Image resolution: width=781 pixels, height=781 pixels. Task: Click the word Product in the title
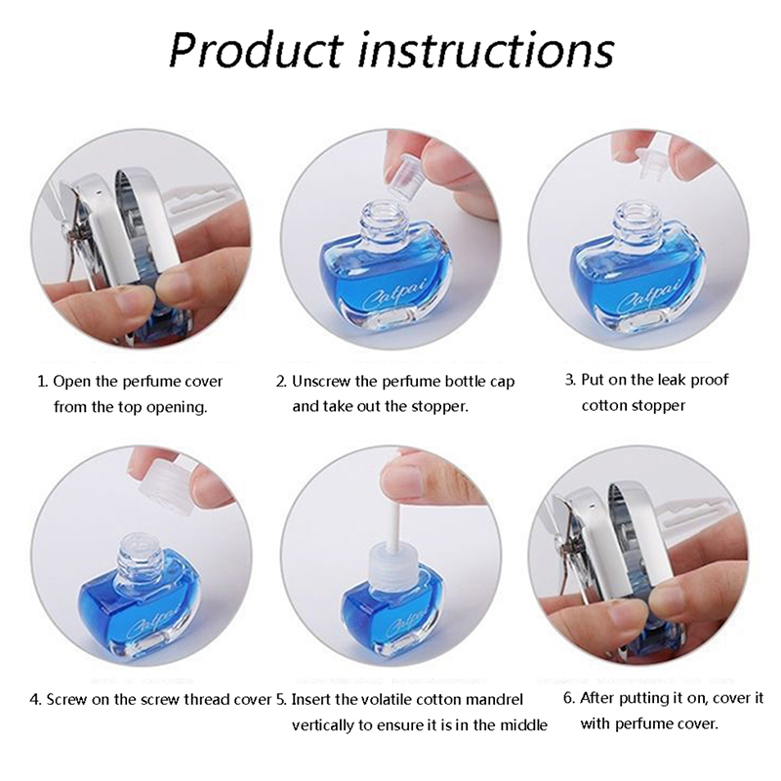pyautogui.click(x=257, y=50)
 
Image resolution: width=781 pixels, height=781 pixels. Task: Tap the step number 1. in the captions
pyautogui.click(x=42, y=382)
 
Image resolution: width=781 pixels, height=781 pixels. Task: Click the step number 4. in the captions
pyautogui.click(x=35, y=699)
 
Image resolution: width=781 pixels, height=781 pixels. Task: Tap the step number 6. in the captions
pyautogui.click(x=569, y=698)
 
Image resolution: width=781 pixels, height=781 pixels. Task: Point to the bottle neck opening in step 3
pyautogui.click(x=637, y=207)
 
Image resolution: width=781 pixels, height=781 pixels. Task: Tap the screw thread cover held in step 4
pyautogui.click(x=162, y=479)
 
